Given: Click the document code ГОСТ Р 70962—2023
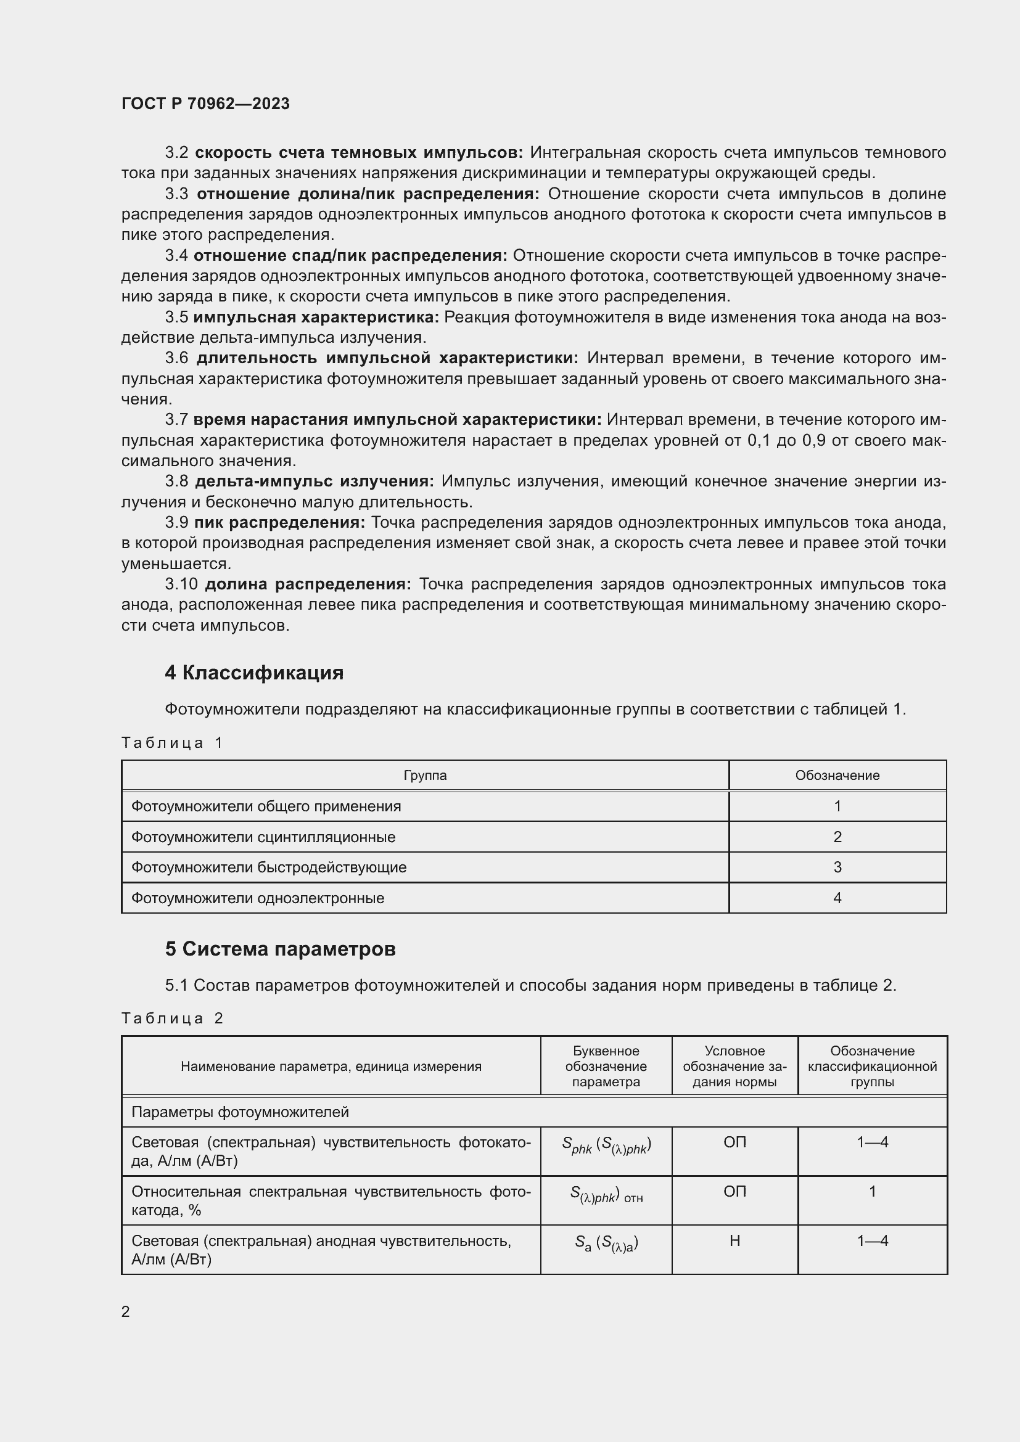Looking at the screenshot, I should (205, 104).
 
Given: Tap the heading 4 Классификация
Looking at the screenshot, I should (253, 673).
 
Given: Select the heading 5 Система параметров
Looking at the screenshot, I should (280, 948).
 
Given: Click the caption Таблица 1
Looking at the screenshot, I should (172, 743).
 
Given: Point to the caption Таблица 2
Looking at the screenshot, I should (172, 1018).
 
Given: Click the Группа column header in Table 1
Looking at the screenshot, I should (426, 775).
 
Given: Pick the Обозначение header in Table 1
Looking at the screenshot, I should (837, 775).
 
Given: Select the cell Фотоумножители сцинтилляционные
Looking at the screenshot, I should (263, 837).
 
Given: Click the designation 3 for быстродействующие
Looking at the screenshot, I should (837, 867).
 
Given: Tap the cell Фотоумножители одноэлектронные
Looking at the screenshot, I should (258, 898).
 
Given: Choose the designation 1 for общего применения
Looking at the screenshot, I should (837, 806).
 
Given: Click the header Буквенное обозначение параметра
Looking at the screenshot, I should (606, 1067).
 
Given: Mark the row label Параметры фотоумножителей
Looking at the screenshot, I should (240, 1112).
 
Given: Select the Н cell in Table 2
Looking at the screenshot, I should (734, 1240).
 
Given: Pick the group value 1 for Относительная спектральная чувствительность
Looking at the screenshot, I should (872, 1192).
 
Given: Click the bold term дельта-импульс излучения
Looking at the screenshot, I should (315, 481).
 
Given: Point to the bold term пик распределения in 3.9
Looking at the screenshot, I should (279, 523).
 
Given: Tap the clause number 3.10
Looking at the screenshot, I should (181, 584).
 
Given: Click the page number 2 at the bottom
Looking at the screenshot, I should (126, 1311).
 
